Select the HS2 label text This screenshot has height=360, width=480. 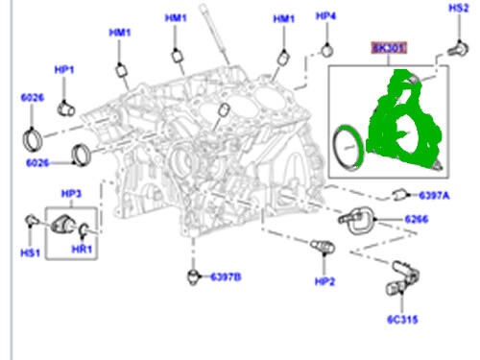click(459, 8)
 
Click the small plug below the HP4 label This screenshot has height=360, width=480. click(326, 49)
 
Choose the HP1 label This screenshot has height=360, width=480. click(64, 69)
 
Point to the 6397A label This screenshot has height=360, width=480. click(433, 197)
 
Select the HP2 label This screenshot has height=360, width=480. click(325, 280)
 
